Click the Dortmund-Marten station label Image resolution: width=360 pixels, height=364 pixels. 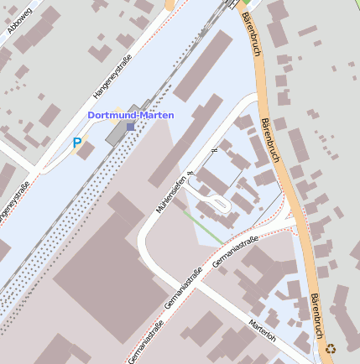132,115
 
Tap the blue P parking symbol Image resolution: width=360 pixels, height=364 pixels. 77,143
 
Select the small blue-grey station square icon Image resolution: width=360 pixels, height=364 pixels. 130,127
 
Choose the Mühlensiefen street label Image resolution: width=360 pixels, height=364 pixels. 170,192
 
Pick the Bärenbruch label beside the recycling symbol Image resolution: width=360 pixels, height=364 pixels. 316,316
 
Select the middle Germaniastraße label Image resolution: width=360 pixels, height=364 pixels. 181,293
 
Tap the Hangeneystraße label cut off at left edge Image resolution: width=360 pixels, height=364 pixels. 14,202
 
